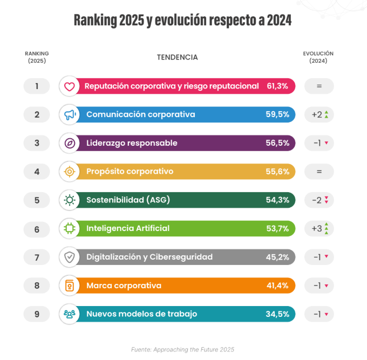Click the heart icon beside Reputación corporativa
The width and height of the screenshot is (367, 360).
tap(69, 86)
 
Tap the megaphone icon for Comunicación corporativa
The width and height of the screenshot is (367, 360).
tap(69, 114)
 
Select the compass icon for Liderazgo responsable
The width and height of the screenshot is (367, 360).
tap(69, 143)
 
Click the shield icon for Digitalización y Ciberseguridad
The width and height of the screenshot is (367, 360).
tap(69, 257)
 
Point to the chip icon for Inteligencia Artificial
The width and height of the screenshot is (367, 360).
tap(69, 228)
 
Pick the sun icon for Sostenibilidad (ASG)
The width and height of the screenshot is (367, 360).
tap(69, 200)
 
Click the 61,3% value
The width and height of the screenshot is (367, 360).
tap(278, 86)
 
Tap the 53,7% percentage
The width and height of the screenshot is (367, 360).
tap(278, 228)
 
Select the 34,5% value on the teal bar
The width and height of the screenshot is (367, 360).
tap(278, 314)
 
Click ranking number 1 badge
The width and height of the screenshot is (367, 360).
tap(37, 86)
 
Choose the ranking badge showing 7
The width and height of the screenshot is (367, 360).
tap(37, 257)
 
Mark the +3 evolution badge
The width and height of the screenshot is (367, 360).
tap(319, 228)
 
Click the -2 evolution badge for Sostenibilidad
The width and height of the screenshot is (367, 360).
tap(319, 200)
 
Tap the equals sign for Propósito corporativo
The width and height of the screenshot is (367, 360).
tap(319, 172)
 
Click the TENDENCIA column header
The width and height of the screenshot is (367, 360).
tap(177, 57)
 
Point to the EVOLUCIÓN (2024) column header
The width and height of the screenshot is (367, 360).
tap(318, 57)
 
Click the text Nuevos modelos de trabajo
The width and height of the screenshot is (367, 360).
tap(141, 314)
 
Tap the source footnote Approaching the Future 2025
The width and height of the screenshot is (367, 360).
tap(182, 349)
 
